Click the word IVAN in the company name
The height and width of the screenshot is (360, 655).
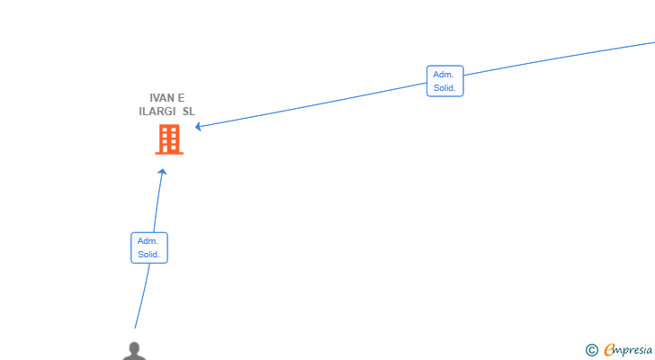[162, 98]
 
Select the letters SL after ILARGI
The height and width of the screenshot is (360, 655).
[189, 112]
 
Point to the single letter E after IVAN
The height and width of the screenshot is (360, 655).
[182, 98]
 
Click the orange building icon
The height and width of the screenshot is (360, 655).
[169, 139]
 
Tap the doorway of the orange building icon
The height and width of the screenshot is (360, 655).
[166, 148]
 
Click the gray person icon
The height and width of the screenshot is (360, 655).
[134, 351]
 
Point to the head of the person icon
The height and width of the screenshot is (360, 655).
[134, 347]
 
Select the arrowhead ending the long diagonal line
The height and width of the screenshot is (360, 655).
[198, 126]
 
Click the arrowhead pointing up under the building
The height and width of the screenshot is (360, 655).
[162, 171]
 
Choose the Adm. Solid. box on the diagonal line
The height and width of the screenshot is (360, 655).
[444, 81]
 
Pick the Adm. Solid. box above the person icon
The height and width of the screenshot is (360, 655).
[149, 247]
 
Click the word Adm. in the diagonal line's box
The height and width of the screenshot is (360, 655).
[444, 75]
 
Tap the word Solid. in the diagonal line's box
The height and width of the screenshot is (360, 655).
[444, 87]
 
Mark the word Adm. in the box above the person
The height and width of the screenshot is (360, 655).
[148, 241]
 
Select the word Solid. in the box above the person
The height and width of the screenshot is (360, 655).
[148, 255]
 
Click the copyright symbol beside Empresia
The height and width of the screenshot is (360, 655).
[591, 350]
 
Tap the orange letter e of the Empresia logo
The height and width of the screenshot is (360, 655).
[609, 349]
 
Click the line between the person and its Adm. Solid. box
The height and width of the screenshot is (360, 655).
[143, 296]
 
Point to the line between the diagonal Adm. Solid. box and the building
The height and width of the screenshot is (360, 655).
[312, 104]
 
